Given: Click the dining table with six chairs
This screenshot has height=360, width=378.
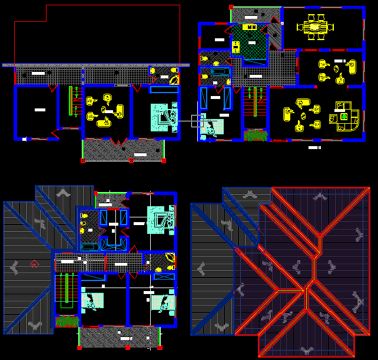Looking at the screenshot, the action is [315, 27].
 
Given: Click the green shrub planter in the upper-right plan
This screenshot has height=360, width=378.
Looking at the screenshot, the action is [256, 136].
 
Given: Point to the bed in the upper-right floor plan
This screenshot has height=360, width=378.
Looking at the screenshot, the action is [212, 128].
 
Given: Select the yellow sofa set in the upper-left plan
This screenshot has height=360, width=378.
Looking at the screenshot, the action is [106, 110].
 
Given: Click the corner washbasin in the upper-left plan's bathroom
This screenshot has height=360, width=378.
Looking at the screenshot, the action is [174, 81].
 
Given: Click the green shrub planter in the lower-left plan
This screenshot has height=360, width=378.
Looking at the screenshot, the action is [67, 322].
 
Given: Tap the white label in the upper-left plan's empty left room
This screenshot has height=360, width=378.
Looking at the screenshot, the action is [39, 110].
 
